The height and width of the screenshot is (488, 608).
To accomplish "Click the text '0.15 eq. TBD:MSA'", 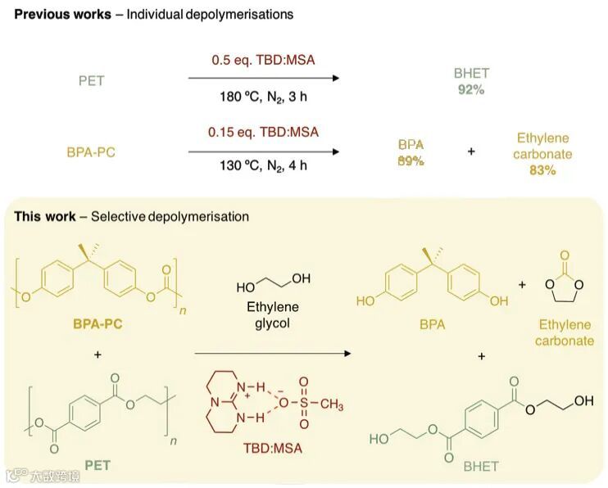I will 263,131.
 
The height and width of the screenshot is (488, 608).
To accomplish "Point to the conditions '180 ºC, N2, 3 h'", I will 263,97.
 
